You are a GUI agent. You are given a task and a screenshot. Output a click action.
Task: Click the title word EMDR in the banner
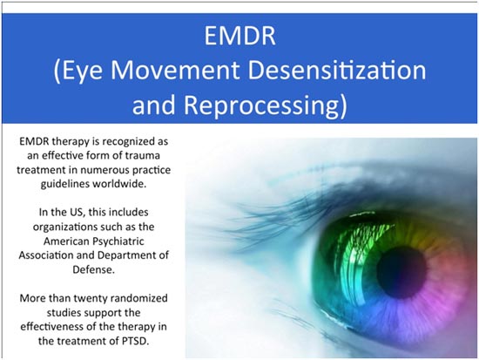click(239, 36)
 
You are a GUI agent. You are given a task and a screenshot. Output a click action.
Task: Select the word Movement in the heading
click(175, 71)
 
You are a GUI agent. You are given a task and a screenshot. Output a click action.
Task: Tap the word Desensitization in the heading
click(337, 71)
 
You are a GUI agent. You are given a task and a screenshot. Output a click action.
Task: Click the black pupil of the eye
click(401, 273)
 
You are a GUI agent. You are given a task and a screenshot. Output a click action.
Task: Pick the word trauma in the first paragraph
click(143, 155)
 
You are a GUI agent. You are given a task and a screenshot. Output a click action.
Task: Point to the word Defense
click(93, 269)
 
